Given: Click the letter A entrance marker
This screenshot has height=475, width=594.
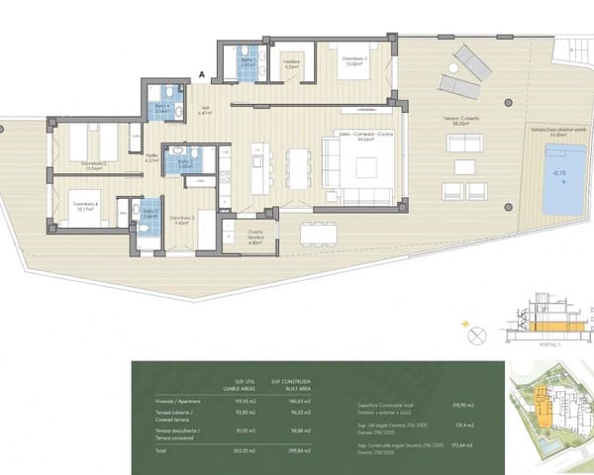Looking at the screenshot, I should pos(202,74).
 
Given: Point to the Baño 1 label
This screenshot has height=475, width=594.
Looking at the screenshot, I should pos(248,61).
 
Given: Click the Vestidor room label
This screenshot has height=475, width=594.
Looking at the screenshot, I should pos(291,64).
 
